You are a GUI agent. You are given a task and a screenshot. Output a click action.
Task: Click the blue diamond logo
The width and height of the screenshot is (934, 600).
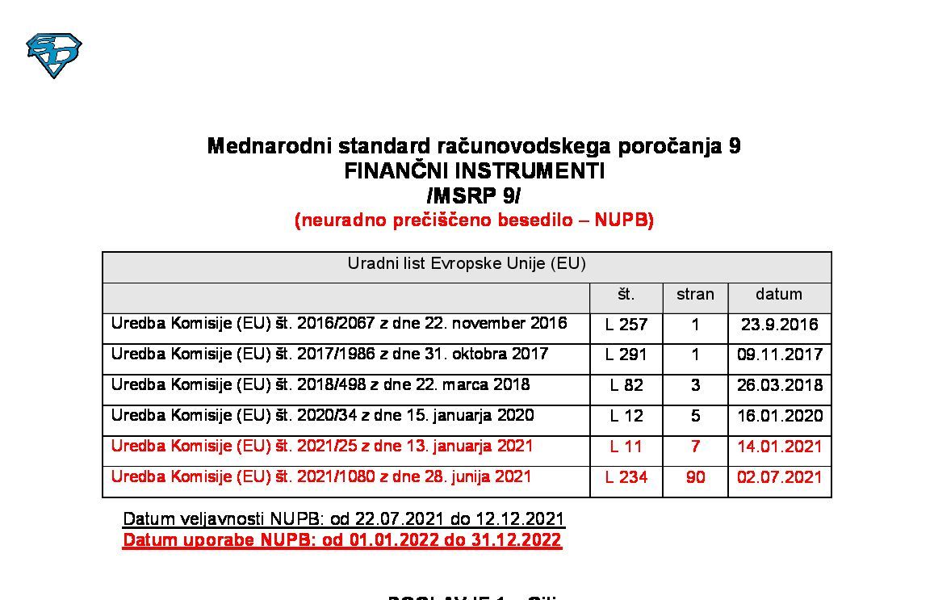54,55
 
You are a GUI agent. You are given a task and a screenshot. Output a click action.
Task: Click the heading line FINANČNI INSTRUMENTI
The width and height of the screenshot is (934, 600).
474,171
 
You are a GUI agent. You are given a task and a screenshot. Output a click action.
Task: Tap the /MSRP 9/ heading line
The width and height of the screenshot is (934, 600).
474,195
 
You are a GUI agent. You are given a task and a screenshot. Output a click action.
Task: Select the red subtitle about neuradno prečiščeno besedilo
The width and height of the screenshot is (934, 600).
474,220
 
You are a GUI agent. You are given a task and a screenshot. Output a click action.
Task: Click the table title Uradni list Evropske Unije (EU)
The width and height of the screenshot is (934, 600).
467,264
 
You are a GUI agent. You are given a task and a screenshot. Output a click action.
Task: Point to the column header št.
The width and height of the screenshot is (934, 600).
626,295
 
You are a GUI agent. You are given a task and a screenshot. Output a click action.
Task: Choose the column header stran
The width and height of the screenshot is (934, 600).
695,295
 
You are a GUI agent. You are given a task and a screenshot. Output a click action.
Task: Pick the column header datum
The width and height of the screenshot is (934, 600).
779,295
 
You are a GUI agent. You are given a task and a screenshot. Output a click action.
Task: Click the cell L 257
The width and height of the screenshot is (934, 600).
626,325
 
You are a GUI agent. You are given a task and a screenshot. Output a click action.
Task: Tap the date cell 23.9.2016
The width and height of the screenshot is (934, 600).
779,325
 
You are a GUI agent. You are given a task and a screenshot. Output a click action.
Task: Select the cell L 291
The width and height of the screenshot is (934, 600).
626,355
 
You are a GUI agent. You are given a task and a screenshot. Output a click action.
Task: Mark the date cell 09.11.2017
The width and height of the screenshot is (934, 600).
780,355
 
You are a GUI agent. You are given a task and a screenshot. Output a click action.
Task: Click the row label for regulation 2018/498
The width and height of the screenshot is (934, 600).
320,384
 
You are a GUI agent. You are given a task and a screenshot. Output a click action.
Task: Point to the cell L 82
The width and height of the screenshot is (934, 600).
626,385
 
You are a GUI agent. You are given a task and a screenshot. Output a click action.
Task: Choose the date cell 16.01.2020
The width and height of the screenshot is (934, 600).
780,416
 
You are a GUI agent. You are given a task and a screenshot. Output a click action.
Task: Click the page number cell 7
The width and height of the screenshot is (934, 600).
695,447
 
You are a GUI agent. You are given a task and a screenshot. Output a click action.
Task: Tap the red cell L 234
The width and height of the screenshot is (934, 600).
626,477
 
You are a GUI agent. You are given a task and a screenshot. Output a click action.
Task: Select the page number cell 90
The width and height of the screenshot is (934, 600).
695,477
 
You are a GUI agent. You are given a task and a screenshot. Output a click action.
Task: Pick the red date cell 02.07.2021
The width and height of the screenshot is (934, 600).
780,477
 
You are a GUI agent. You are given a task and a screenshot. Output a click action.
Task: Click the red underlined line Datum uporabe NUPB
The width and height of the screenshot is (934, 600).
341,540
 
